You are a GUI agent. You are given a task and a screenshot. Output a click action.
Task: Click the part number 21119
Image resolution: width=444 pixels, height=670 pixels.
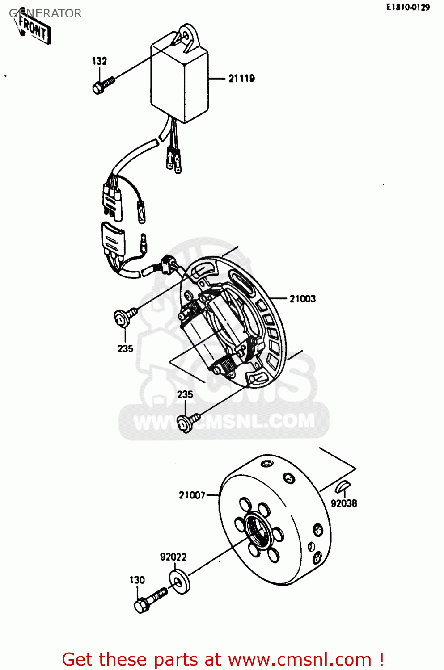(x=241, y=78)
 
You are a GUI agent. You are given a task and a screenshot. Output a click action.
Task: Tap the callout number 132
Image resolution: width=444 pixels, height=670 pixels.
(x=99, y=61)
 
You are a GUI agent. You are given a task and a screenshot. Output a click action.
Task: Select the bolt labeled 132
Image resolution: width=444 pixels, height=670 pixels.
(x=104, y=85)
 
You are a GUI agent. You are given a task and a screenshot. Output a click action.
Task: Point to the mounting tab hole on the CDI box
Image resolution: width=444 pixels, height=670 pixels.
(x=187, y=35)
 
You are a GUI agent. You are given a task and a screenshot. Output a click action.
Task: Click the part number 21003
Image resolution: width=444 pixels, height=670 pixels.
(x=302, y=298)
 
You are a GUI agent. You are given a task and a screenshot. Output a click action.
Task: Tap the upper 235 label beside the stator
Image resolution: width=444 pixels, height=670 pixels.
(x=125, y=348)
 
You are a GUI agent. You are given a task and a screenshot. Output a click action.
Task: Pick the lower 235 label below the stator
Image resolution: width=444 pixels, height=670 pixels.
(x=185, y=394)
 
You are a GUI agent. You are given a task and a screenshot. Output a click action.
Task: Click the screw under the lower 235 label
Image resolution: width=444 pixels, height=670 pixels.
(x=188, y=422)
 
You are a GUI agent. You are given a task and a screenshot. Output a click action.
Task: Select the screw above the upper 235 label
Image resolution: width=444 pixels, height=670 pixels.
(x=126, y=317)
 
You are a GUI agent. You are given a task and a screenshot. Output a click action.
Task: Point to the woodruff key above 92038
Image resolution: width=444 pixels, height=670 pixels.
(x=343, y=486)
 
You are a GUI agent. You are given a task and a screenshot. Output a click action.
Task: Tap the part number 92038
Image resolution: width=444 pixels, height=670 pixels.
(x=344, y=503)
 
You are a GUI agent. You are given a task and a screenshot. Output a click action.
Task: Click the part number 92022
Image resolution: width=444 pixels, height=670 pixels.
(x=173, y=557)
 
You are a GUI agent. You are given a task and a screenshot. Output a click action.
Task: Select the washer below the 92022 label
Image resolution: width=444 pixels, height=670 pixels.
(x=180, y=582)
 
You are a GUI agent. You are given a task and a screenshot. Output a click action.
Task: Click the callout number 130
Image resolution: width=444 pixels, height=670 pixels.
(x=137, y=580)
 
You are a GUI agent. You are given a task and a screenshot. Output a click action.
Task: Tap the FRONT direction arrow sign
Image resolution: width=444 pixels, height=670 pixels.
(x=34, y=29)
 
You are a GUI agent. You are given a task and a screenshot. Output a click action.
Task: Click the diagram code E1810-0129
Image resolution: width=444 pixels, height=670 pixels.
(x=408, y=8)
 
